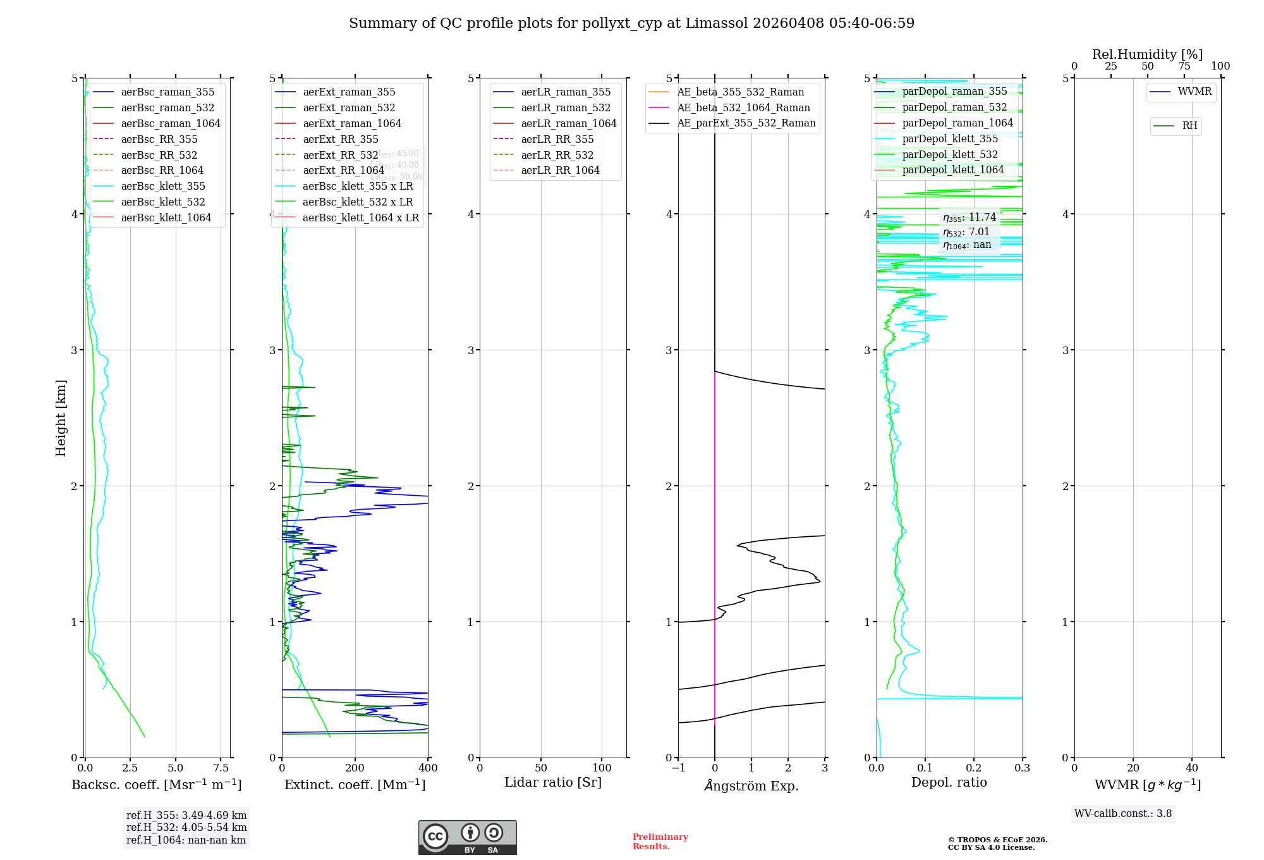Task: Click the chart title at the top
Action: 631,23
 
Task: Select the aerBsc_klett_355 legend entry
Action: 163,186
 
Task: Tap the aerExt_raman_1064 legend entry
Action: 351,123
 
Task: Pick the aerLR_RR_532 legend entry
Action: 557,155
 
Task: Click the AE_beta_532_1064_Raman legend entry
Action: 743,107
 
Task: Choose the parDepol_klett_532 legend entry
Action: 950,154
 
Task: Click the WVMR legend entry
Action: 1194,92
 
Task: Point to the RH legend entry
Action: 1189,126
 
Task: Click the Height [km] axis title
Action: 61,418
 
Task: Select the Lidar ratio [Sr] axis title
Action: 553,782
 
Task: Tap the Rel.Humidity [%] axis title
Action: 1147,54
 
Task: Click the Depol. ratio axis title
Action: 949,782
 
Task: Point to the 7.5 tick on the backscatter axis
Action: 221,768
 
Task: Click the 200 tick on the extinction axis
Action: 355,768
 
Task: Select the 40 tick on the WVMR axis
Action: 1192,768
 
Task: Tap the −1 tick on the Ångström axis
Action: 678,768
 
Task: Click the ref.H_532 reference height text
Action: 186,827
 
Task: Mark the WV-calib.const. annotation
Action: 1123,814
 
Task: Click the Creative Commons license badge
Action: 467,837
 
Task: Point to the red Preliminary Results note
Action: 660,842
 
